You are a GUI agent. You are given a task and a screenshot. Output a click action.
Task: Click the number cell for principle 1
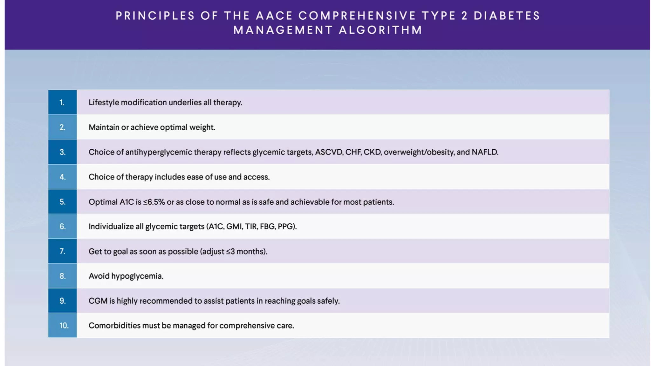point(62,102)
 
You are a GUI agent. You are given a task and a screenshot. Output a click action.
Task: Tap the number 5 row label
point(62,202)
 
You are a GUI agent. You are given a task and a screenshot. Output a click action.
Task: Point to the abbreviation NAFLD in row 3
point(485,152)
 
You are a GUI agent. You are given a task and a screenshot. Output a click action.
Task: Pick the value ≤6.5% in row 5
point(154,202)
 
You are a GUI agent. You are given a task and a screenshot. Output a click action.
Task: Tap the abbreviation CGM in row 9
point(98,301)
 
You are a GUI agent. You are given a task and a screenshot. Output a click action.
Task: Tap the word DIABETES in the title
point(507,16)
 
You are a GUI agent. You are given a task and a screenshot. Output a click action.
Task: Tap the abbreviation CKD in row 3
point(372,152)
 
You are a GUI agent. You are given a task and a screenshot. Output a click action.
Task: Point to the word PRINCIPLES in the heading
point(155,16)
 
